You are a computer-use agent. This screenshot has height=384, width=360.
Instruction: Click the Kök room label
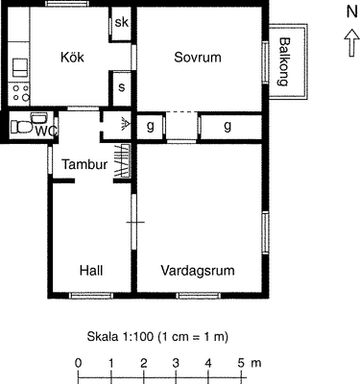tap(72, 58)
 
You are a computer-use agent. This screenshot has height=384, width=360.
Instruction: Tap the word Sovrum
tap(198, 58)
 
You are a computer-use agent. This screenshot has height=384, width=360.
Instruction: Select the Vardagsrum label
tap(198, 271)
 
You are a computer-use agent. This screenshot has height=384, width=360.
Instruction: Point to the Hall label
tap(91, 271)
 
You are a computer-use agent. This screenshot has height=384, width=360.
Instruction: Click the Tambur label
tap(84, 164)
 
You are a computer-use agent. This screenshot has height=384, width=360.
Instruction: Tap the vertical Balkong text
tap(283, 61)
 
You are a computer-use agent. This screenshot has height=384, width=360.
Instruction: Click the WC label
tap(47, 132)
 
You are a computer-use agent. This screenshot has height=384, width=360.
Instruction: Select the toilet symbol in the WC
tap(21, 127)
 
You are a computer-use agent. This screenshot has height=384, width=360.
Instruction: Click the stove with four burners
tap(20, 92)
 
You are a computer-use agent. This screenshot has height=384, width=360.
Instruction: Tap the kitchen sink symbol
tap(20, 67)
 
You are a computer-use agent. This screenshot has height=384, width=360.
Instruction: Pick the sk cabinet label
tap(121, 22)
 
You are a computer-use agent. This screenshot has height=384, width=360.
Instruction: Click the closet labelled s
tap(121, 87)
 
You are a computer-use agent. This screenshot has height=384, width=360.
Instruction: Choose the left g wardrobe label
tap(150, 127)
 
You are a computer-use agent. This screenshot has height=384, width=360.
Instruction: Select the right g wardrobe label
tap(228, 127)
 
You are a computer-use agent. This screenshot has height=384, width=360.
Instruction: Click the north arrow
tap(351, 42)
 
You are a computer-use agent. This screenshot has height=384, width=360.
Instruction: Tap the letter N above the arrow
tap(351, 12)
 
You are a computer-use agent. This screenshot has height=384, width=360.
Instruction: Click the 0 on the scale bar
tap(79, 363)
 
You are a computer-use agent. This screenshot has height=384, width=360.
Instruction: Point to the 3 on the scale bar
tap(176, 363)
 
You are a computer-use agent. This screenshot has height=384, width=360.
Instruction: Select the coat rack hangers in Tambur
tap(123, 160)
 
